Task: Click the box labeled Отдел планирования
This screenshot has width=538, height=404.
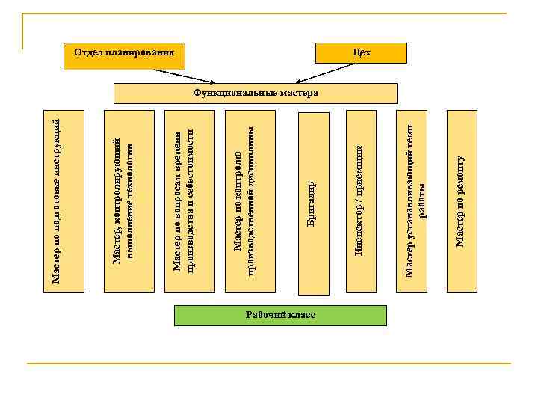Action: pos(124,52)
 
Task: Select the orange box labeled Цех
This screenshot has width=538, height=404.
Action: pos(362,52)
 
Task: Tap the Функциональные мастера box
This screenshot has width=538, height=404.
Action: pos(255,93)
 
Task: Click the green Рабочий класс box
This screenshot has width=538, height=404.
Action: pos(280,315)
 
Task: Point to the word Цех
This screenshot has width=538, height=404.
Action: pos(362,52)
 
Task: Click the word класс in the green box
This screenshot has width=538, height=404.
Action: pos(301,315)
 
